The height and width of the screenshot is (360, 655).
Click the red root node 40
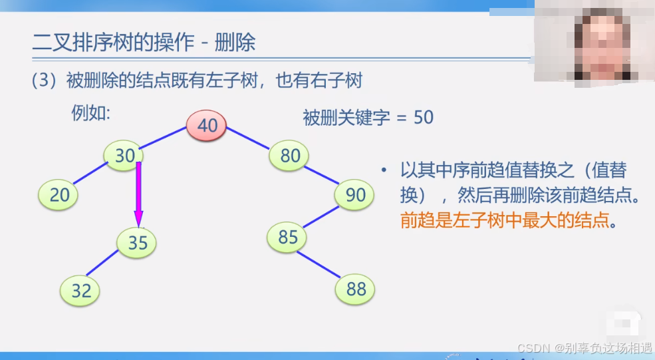206,126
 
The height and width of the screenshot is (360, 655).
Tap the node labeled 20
59,195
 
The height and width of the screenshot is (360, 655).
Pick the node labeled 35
137,243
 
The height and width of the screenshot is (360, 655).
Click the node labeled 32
80,290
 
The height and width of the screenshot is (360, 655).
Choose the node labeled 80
290,156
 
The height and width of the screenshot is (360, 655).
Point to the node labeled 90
355,195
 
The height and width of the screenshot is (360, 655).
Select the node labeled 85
287,237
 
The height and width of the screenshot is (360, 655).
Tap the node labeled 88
355,289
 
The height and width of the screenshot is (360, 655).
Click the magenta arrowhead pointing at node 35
138,218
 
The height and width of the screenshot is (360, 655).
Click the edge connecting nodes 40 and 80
248,140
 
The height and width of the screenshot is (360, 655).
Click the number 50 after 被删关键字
424,118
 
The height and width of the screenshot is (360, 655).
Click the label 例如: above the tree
90,112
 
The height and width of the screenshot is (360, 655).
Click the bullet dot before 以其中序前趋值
384,172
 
